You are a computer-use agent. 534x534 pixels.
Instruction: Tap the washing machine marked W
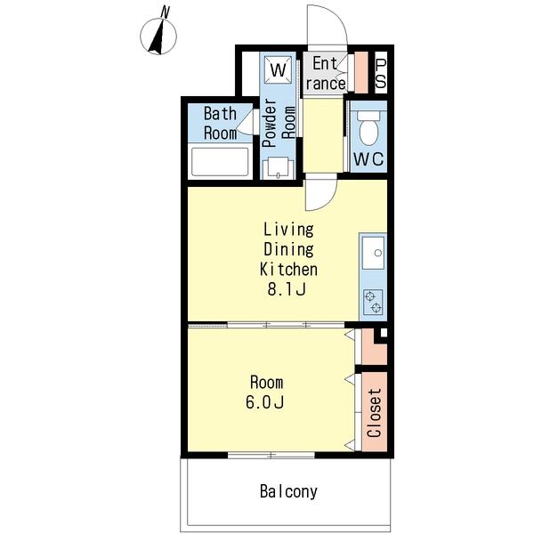click(x=279, y=69)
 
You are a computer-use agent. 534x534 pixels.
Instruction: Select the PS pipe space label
click(x=381, y=73)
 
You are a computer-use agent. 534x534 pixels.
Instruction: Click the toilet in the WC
click(x=368, y=128)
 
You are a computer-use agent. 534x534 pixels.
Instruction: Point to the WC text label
click(x=368, y=158)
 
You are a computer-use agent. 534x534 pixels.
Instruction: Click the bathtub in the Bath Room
click(x=220, y=162)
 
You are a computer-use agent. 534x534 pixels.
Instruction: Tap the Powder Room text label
click(x=279, y=123)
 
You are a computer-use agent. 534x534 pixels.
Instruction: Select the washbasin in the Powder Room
click(x=279, y=168)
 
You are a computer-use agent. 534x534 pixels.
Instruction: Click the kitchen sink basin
click(x=373, y=253)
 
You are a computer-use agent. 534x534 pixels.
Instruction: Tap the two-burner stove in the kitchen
click(x=373, y=302)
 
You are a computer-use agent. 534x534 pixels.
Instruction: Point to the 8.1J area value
click(x=286, y=289)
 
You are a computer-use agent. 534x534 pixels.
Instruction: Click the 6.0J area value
click(x=264, y=402)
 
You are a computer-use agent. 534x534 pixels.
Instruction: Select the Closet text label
click(x=375, y=413)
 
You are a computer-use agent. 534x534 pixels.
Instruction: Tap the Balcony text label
click(x=288, y=491)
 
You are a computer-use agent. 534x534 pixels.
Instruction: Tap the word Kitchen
click(x=288, y=270)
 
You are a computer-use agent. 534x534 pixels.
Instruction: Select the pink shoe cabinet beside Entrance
click(x=361, y=73)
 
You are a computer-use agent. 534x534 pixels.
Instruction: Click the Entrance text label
click(x=326, y=74)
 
